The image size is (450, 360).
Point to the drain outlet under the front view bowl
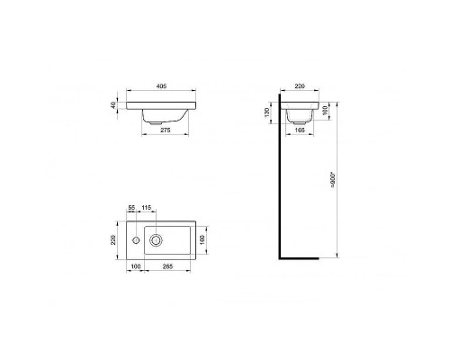click(x=154, y=121)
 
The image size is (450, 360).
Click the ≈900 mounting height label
click(x=333, y=184)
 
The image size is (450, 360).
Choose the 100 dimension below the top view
click(x=136, y=267)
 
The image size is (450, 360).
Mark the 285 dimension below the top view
click(x=168, y=267)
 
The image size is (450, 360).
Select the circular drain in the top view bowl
click(x=157, y=240)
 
